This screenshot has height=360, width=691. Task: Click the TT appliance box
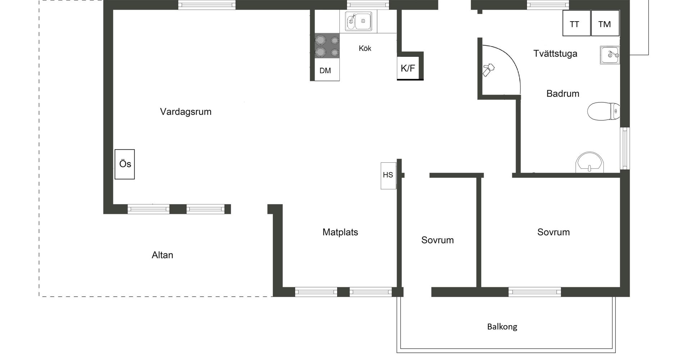click(x=576, y=23)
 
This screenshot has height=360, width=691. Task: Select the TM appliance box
click(x=605, y=23)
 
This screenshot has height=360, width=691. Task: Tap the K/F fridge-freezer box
click(x=409, y=68)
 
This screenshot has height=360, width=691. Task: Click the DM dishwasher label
click(x=325, y=71)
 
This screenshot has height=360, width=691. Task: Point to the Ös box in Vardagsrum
click(x=125, y=164)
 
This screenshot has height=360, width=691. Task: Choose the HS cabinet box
click(x=388, y=175)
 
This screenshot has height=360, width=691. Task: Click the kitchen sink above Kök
click(x=358, y=21)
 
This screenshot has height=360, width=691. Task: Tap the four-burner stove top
click(x=327, y=46)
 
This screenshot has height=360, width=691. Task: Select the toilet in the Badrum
click(x=603, y=111)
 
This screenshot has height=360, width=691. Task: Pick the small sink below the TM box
click(x=610, y=55)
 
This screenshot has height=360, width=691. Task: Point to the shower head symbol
click(x=488, y=69)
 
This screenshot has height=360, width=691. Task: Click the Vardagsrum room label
click(x=186, y=112)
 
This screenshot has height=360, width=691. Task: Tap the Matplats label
click(x=340, y=232)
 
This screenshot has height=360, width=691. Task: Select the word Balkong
click(x=502, y=327)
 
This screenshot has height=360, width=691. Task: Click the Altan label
click(x=162, y=255)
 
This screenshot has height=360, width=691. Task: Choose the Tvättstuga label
click(x=555, y=54)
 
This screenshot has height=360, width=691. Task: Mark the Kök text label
click(x=365, y=48)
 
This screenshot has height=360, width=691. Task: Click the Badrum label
click(x=563, y=94)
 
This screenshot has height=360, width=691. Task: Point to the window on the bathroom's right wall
click(x=625, y=148)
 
